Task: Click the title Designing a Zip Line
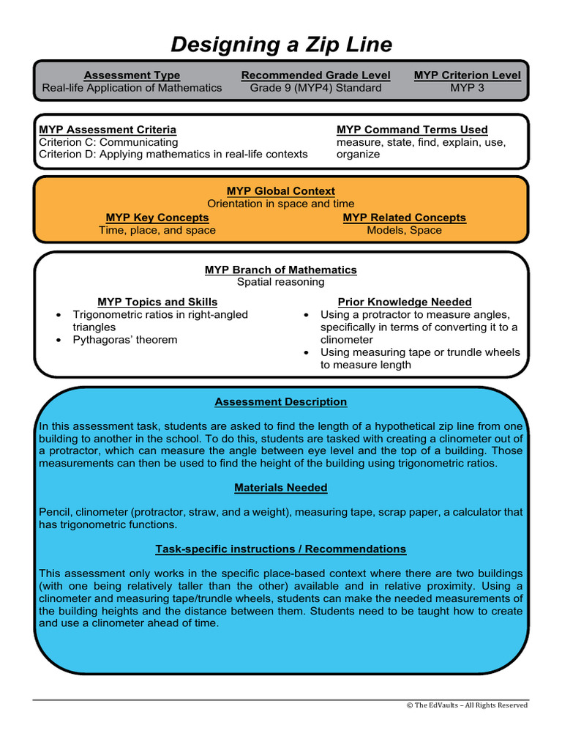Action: (x=281, y=45)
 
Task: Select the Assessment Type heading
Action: (x=132, y=75)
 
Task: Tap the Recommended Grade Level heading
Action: (x=315, y=75)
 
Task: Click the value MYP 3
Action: (x=467, y=88)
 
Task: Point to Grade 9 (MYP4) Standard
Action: (x=315, y=88)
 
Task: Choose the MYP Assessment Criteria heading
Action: (x=108, y=130)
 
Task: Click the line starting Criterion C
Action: (x=108, y=142)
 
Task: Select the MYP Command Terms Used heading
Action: (x=412, y=130)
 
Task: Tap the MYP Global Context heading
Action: (x=281, y=191)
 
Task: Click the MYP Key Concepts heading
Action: (x=157, y=218)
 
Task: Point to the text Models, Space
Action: (x=404, y=230)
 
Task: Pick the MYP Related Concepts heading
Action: (x=404, y=218)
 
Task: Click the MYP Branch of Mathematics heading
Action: (x=281, y=270)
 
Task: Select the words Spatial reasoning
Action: (x=281, y=282)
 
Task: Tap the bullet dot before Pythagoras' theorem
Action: (x=59, y=341)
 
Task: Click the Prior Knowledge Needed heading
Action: (x=405, y=302)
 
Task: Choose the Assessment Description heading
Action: (x=281, y=401)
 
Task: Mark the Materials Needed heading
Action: (x=281, y=487)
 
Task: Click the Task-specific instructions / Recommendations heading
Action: (x=281, y=549)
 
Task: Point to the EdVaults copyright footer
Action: (x=467, y=705)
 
